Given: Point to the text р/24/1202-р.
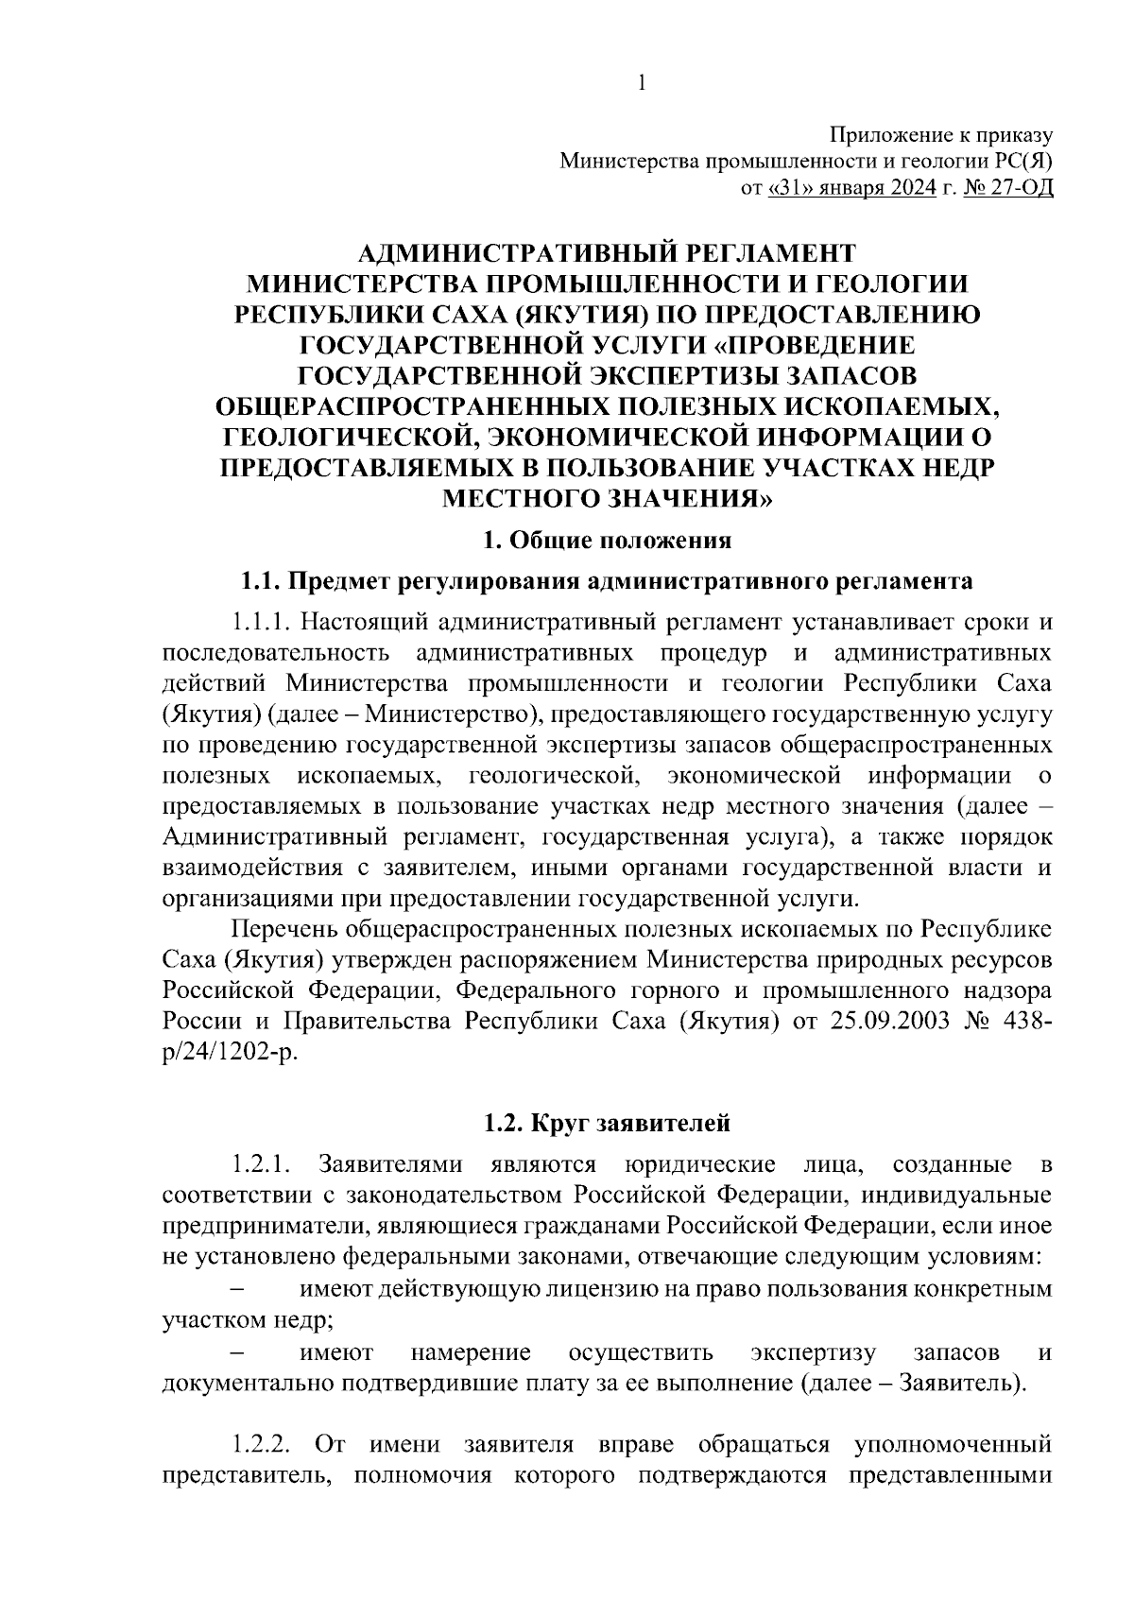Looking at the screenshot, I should tap(229, 1052).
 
